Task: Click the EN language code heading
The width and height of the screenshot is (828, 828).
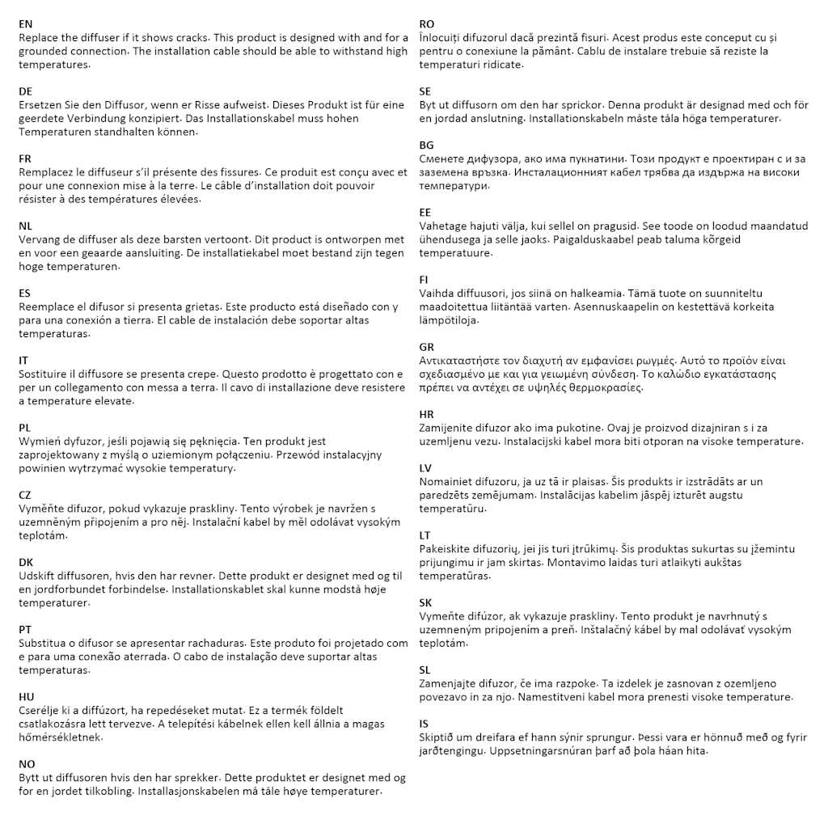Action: [x=26, y=24]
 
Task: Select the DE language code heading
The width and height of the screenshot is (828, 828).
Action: [x=26, y=91]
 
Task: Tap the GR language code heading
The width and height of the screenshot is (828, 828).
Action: [x=427, y=347]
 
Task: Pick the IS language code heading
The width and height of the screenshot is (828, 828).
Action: [x=425, y=723]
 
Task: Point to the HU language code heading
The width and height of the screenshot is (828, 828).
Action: [x=27, y=696]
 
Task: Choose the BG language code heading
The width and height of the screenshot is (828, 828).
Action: [x=427, y=145]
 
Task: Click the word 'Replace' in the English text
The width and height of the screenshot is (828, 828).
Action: [x=38, y=38]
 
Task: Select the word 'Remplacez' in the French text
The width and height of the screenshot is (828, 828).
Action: [x=45, y=172]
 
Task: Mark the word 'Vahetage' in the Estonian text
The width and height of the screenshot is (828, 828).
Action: [x=442, y=226]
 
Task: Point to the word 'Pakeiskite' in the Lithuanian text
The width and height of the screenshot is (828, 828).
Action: [x=446, y=549]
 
